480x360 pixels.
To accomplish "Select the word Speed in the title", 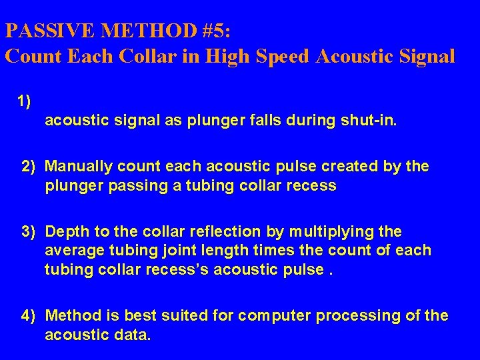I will click(x=279, y=56).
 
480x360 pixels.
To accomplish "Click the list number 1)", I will click(x=25, y=101).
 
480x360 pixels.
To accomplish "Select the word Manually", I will click(x=75, y=165).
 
